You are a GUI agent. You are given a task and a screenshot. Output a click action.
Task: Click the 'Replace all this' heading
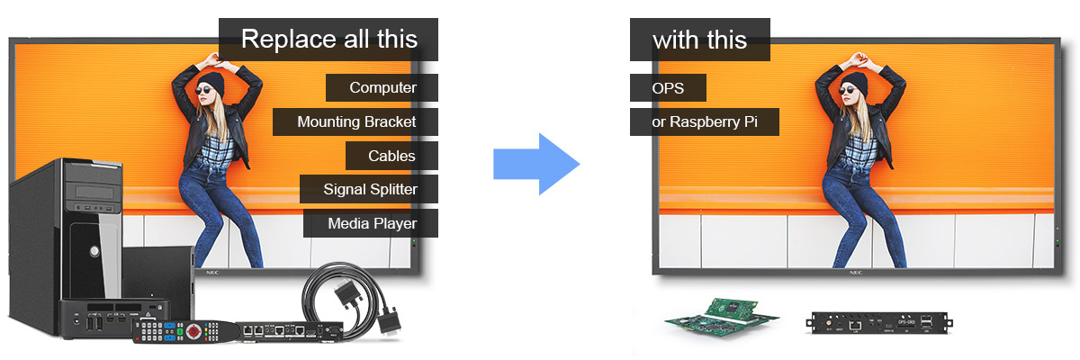point(328,40)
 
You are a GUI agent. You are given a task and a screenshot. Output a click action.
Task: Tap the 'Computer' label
point(382,87)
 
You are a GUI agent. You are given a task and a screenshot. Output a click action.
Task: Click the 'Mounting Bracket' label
point(355,121)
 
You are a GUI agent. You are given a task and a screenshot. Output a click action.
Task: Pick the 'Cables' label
point(391,156)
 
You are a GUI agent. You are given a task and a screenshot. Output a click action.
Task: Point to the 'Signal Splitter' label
point(369,189)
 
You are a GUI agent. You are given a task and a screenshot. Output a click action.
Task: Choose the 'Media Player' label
point(371,223)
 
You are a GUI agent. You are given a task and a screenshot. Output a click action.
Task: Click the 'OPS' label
point(668,88)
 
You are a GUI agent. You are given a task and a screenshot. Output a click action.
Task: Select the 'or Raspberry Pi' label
point(704,121)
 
